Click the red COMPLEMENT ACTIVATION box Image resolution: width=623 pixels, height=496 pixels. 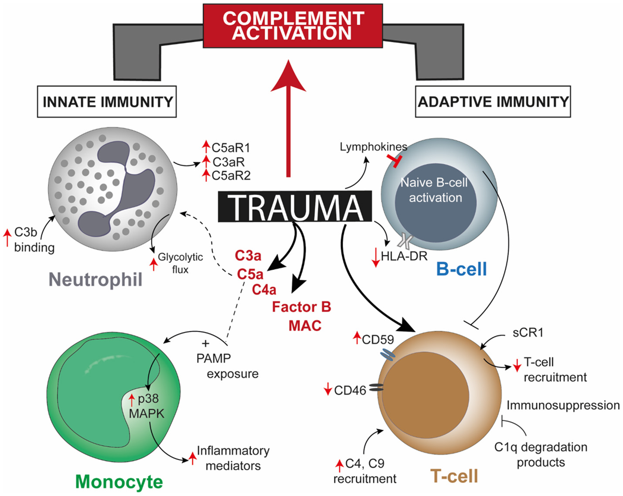(x=293, y=26)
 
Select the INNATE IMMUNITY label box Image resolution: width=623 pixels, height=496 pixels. (x=107, y=102)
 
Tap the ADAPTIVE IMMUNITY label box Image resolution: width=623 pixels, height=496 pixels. (x=493, y=102)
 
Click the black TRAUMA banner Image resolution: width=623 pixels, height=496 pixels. (x=295, y=207)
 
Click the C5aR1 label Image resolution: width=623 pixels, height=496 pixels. (x=231, y=148)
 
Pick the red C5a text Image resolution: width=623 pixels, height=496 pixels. (x=250, y=274)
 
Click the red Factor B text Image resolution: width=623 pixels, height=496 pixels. (x=301, y=307)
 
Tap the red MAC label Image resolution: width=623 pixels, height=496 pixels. (x=305, y=326)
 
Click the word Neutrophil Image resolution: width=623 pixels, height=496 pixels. (x=95, y=279)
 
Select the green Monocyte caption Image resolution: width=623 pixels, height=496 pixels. (x=119, y=482)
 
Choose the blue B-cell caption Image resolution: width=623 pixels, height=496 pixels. (x=461, y=269)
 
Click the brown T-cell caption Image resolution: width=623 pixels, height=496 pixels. (x=454, y=476)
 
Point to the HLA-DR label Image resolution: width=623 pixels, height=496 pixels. (x=404, y=256)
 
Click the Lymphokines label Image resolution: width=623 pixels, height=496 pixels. (x=373, y=147)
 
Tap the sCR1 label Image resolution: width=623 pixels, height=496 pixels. (x=528, y=333)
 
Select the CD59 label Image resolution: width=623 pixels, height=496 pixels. (x=378, y=340)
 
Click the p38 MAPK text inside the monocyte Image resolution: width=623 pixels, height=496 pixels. (x=147, y=406)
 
